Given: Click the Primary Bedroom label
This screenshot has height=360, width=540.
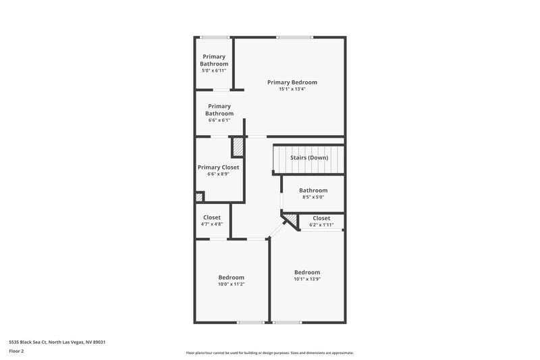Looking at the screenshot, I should pos(292,82).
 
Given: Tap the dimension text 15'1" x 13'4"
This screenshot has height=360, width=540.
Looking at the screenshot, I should pos(292,89).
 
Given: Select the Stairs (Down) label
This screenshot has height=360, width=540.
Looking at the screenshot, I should pos(309,157).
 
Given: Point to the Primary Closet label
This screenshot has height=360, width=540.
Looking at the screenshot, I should pos(218,168).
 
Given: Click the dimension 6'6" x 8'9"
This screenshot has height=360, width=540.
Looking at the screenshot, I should pos(218,174).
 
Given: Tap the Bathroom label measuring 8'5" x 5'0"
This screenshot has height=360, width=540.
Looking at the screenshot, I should pos(313,190).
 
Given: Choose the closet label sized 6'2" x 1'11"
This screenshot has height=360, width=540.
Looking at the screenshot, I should pos(321,218).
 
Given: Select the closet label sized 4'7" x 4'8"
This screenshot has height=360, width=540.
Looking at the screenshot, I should pos(211,217).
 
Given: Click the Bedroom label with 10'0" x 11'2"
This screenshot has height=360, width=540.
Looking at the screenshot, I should pos(231,278).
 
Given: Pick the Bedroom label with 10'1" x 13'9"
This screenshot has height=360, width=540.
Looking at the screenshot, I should pos(307,272).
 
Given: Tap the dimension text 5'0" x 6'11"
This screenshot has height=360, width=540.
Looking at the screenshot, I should pos(214,70).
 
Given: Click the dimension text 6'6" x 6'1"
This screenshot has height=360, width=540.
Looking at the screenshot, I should pos(219,120).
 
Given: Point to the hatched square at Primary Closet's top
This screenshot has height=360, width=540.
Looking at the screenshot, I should pos(238,147).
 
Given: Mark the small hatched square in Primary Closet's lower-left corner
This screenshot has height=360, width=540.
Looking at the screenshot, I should pos(199,197).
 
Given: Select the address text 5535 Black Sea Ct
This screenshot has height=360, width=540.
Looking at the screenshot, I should pos(57,342).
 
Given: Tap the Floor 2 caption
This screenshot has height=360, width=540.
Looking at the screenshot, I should pos(17,351).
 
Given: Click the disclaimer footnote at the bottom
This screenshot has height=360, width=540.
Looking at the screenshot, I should pos(269,353).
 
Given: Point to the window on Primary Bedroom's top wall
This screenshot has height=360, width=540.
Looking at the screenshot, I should pos(289,37).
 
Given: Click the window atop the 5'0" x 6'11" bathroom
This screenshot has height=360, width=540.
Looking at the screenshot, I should pos(214,37).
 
